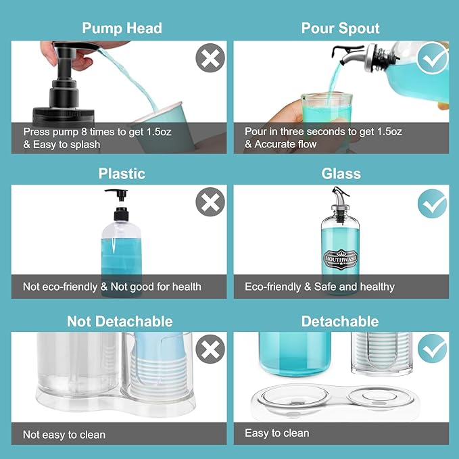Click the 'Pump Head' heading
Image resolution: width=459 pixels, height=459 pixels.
(122, 28)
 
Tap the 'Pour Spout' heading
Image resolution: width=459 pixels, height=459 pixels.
(340, 28)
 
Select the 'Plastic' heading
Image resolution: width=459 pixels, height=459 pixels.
(122, 174)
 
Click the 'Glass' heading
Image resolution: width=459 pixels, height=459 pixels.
(341, 174)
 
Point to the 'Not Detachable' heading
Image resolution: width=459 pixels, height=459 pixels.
(120, 321)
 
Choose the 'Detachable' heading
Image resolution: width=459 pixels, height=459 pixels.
(340, 321)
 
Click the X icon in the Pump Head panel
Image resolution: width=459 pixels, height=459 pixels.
(210, 58)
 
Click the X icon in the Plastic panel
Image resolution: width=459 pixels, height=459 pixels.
(210, 202)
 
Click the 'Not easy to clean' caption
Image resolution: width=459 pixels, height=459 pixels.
(64, 435)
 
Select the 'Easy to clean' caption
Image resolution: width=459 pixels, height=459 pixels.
(277, 433)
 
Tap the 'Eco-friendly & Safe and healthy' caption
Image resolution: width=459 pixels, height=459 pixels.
(320, 287)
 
